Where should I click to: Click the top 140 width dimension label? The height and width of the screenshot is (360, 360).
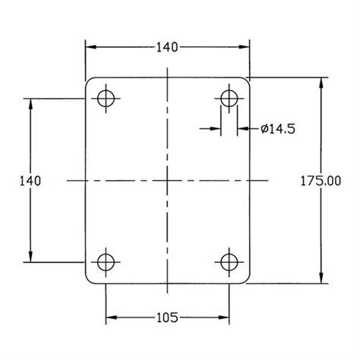167,47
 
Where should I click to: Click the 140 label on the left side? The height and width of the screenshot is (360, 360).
30,181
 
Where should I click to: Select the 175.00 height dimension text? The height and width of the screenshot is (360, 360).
321,181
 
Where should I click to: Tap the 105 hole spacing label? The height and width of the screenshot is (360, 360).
167,317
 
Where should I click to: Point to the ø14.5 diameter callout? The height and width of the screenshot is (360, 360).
278,129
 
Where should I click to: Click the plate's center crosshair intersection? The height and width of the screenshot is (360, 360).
167,181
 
